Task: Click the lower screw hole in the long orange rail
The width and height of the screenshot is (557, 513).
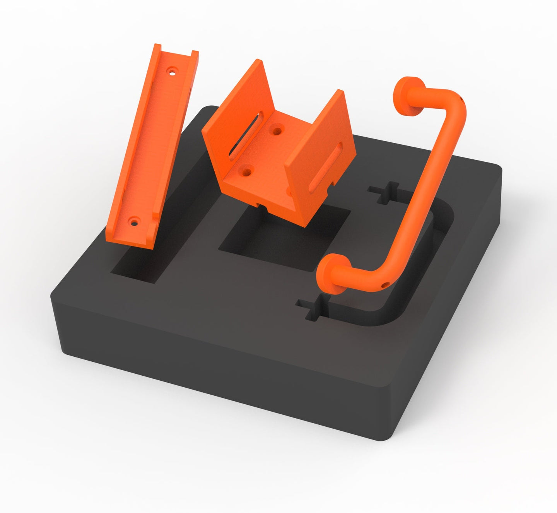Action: [x=134, y=222]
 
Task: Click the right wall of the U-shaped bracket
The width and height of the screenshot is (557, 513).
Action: [x=321, y=162]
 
